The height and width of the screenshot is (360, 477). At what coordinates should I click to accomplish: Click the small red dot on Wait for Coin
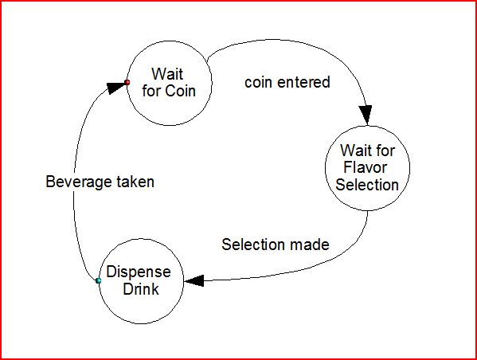(x=127, y=83)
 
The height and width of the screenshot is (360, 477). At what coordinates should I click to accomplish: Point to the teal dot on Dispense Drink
(x=98, y=280)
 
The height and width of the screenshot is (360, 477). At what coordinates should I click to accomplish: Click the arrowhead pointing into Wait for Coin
(x=115, y=88)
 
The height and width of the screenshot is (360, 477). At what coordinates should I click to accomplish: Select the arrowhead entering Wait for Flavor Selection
(x=366, y=115)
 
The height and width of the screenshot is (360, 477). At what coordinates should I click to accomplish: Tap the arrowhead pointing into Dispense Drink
(x=194, y=280)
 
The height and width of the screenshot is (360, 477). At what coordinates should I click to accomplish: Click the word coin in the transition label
(x=258, y=83)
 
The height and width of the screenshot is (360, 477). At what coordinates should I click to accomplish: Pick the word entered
(x=303, y=82)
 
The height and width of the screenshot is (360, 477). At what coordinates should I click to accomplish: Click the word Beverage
(x=79, y=182)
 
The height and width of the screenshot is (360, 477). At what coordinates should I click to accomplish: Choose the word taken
(x=135, y=182)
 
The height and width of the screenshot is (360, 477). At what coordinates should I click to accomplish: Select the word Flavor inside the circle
(x=365, y=167)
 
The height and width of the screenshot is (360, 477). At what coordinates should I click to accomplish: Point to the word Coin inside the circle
(x=181, y=91)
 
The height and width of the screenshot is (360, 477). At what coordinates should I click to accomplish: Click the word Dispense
(x=139, y=272)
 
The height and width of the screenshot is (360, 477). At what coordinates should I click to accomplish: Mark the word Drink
(x=141, y=289)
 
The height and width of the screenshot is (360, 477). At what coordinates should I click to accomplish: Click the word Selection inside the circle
(x=367, y=185)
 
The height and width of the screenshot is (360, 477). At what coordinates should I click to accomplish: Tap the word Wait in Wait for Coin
(x=167, y=74)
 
